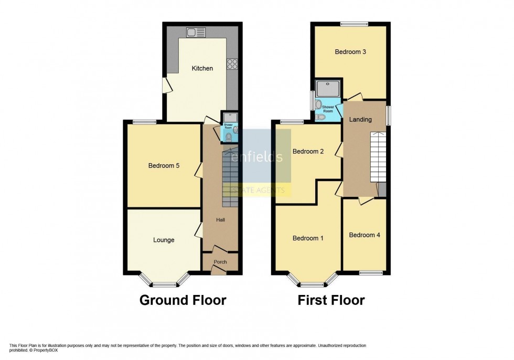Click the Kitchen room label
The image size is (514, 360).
pos(202,68)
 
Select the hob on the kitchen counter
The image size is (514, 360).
pos(232,65)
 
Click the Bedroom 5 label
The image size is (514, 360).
pos(164,166)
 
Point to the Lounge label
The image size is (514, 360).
pos(164,240)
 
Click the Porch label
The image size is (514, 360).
pos(220,261)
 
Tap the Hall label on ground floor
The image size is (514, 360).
pos(220,220)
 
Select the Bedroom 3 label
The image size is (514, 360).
pos(350,52)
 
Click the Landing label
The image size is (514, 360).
pos(361,120)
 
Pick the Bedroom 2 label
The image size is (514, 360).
pos(308,152)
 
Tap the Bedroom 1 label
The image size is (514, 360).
pos(308,238)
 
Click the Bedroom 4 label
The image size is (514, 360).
pos(365,235)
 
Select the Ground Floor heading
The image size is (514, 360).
pos(183,300)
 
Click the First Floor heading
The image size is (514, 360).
pos(331,300)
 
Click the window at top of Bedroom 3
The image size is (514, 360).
pos(354,24)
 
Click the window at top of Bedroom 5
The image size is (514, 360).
pos(144,122)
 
